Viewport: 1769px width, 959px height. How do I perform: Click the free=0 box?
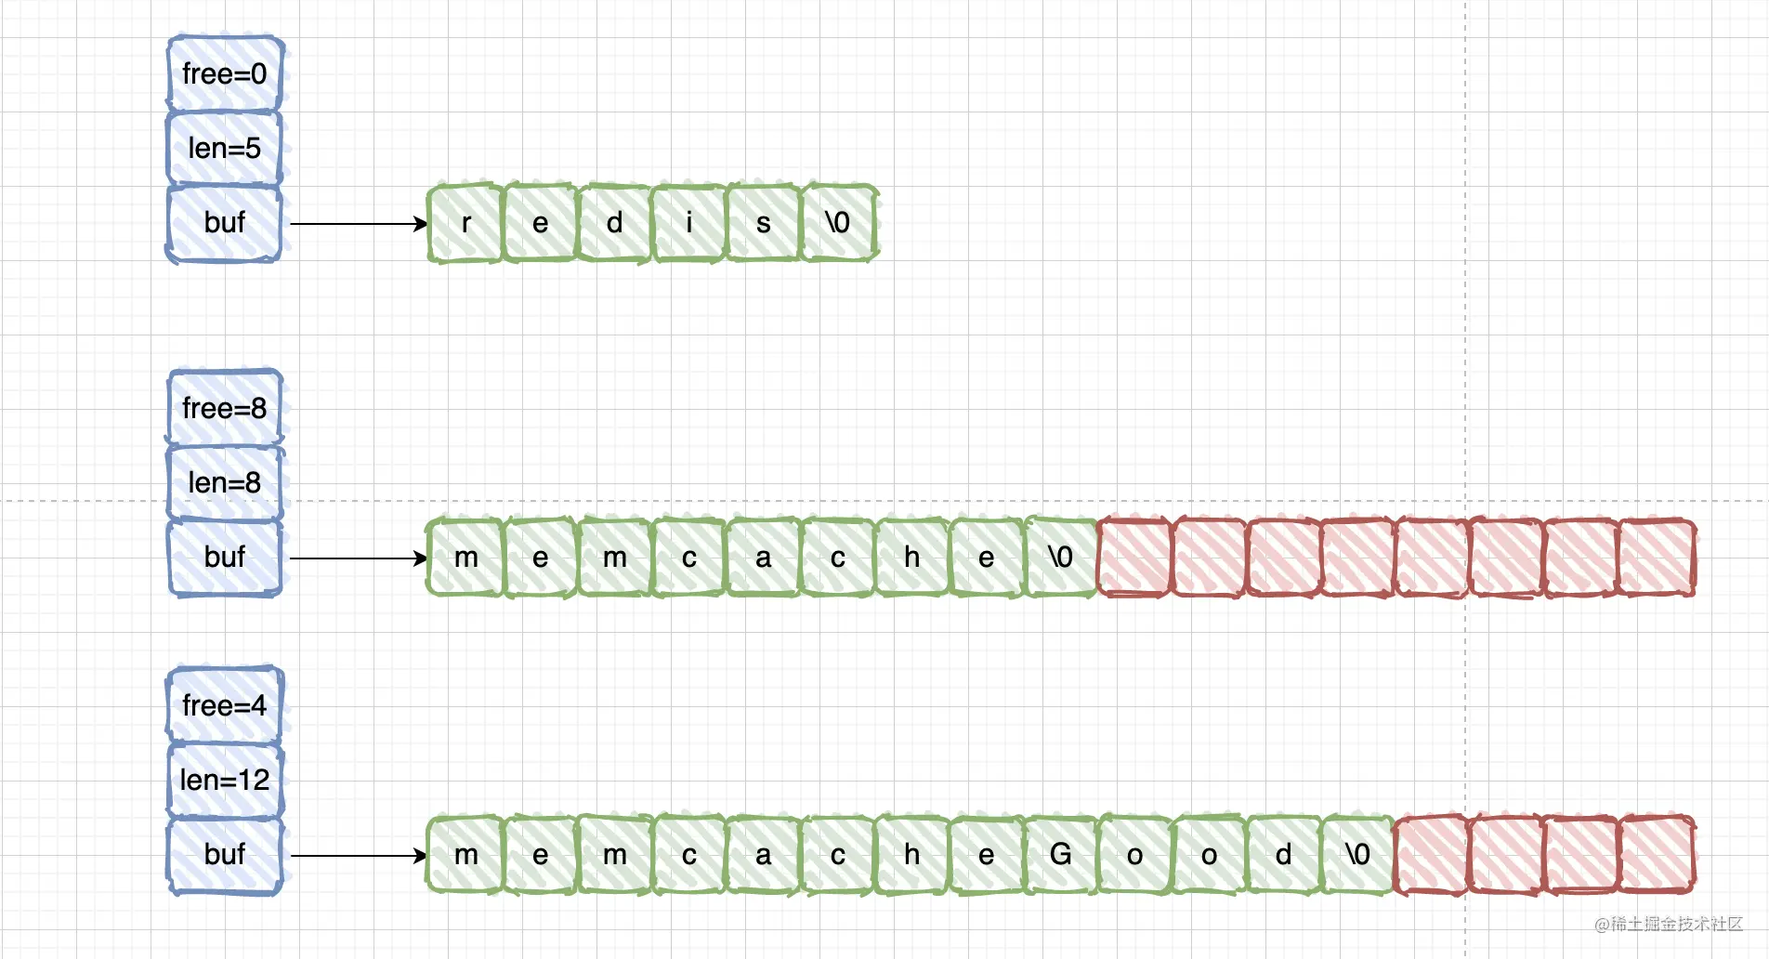tap(225, 73)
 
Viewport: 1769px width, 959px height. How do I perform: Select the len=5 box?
tap(225, 148)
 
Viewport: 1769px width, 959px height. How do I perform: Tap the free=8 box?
tap(225, 408)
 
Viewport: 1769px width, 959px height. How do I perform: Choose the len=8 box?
tap(225, 482)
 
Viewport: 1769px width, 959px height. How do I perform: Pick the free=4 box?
tap(225, 705)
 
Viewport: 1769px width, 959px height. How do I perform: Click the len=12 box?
tap(225, 780)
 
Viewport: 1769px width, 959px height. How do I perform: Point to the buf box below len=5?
tap(225, 223)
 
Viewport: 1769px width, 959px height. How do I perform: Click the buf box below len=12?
tap(225, 855)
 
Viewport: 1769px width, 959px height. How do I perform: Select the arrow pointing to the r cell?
tap(359, 224)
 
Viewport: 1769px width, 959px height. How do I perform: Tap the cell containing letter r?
tap(465, 223)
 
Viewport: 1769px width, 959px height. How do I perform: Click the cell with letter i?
tap(688, 223)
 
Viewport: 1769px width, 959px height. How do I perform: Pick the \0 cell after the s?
tap(838, 223)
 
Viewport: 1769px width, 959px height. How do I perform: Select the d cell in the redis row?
tap(614, 223)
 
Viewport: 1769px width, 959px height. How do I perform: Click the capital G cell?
tap(1060, 855)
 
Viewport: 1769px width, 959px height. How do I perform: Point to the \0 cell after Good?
tap(1357, 855)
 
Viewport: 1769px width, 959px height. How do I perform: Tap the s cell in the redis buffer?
tap(763, 223)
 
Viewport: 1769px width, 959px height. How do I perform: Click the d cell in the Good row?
tap(1283, 855)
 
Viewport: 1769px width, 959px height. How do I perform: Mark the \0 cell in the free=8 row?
tap(1060, 558)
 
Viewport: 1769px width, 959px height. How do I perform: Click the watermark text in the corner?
tap(1668, 924)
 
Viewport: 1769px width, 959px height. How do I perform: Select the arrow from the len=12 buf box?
tap(359, 856)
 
